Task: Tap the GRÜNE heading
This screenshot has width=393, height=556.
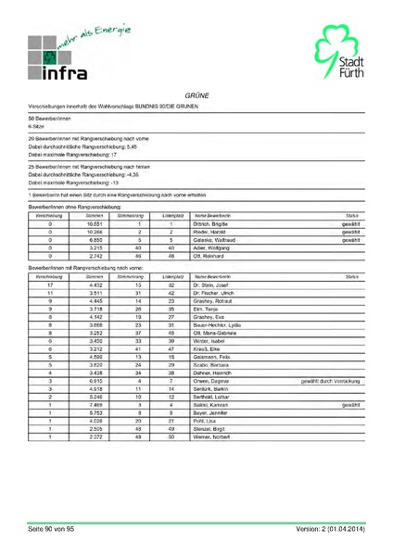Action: click(196, 95)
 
